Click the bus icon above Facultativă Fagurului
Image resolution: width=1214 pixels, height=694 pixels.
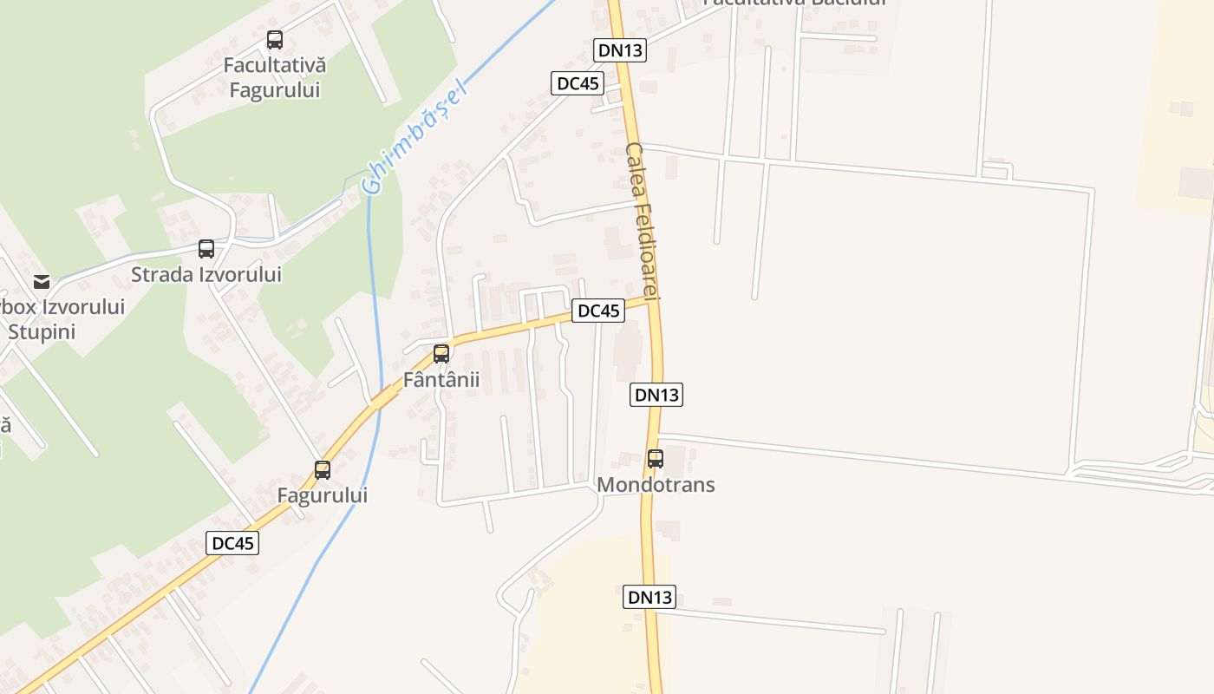click(275, 40)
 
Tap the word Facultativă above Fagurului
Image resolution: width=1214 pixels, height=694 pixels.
click(274, 65)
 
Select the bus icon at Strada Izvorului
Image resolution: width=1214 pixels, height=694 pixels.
click(206, 249)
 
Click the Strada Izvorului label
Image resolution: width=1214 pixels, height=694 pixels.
click(206, 275)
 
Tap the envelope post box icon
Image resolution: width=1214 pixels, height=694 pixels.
click(42, 281)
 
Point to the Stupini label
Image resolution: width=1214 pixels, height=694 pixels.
click(42, 331)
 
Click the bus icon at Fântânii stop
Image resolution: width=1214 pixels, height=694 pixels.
click(441, 354)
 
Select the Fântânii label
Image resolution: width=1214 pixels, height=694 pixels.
click(441, 380)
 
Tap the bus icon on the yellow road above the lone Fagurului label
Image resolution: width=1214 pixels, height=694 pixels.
click(323, 470)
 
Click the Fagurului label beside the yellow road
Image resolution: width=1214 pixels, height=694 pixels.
click(323, 495)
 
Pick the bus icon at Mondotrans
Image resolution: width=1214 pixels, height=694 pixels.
click(656, 458)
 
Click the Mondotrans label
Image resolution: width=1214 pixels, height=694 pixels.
click(656, 484)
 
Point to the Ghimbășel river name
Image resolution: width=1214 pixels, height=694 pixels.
click(414, 137)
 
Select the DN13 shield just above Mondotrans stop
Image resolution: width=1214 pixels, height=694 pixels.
click(656, 395)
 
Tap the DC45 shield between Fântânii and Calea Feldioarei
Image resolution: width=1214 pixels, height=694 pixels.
click(598, 311)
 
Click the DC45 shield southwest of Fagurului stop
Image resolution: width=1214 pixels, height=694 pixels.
click(233, 543)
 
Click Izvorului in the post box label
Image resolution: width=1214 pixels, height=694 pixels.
click(74, 307)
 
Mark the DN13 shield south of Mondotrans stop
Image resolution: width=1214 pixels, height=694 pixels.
click(649, 597)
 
